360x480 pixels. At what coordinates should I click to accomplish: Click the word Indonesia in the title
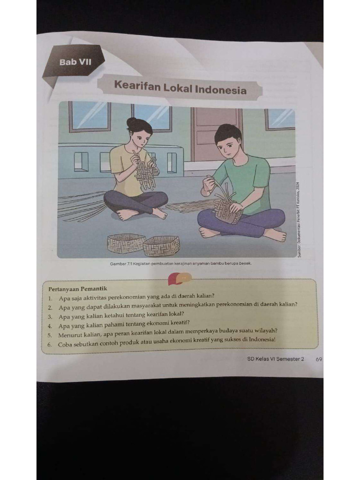(x=222, y=89)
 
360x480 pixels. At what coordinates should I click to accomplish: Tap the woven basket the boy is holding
(x=227, y=210)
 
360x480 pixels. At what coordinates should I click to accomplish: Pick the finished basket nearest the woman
(x=126, y=243)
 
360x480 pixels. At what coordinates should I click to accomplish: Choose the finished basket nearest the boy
(x=161, y=246)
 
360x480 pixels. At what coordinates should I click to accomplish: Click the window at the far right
(x=280, y=119)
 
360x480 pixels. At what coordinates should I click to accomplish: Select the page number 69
(x=319, y=359)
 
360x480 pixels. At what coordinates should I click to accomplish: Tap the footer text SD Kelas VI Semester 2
(x=276, y=359)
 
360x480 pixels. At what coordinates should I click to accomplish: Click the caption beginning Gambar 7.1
(x=181, y=263)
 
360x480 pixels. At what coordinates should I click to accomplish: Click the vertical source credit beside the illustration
(x=299, y=218)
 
